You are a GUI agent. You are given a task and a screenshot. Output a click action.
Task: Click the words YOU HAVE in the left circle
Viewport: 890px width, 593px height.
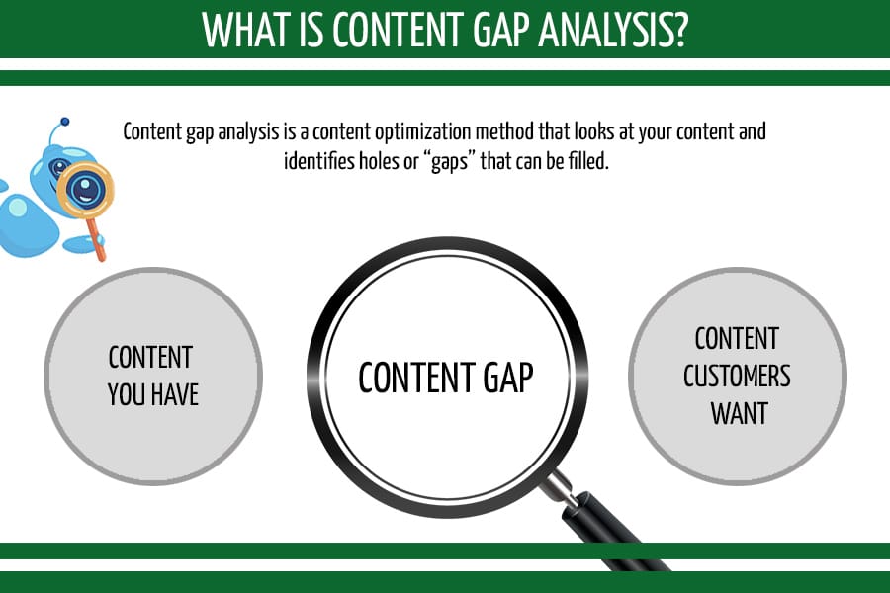coord(153,394)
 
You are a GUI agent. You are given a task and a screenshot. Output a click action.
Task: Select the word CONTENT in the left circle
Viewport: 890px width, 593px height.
coord(150,356)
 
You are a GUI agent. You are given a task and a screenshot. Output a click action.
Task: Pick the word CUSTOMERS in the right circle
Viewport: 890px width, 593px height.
coord(738,376)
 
